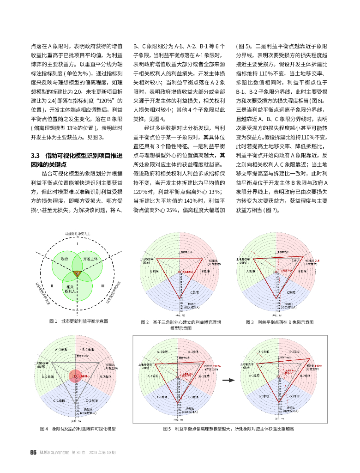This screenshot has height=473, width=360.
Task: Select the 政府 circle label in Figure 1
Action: click(x=64, y=259)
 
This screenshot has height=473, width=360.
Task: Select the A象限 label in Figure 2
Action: click(x=153, y=271)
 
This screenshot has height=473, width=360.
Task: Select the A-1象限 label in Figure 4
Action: click(x=61, y=350)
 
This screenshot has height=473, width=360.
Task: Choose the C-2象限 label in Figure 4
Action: click(x=91, y=400)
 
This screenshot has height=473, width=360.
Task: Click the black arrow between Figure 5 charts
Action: click(x=227, y=381)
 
